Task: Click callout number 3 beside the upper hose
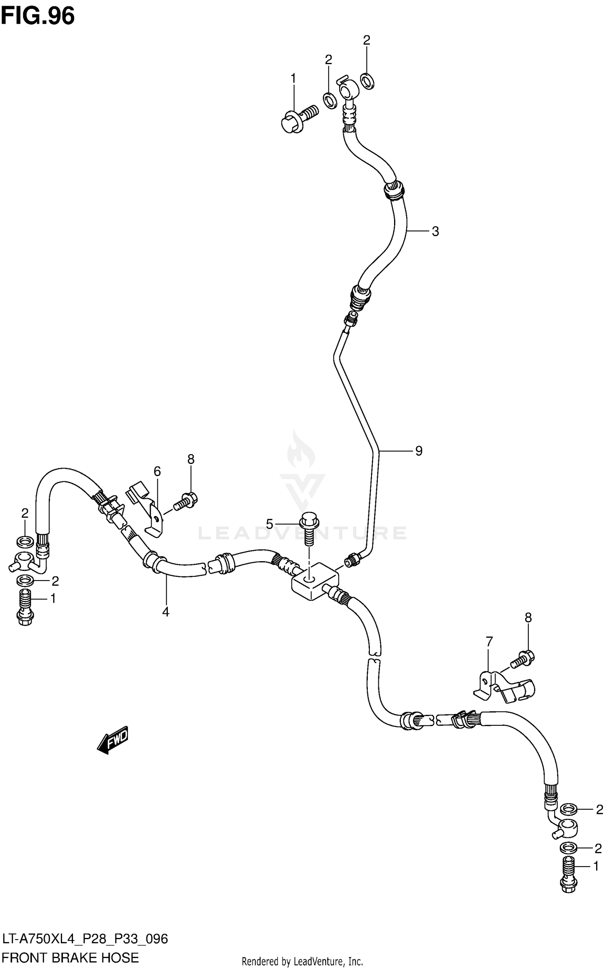(435, 232)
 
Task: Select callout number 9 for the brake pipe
(419, 451)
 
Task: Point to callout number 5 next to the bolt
(270, 524)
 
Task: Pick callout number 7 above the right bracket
(489, 641)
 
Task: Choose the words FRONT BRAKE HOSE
(71, 958)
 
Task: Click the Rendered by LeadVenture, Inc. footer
(302, 961)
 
